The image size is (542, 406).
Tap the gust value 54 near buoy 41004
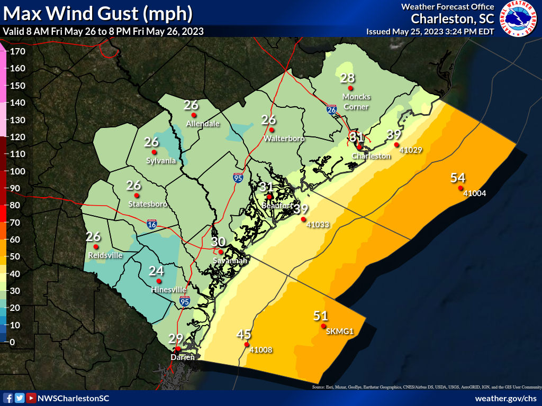[x=458, y=178]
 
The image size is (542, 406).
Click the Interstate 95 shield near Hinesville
[x=184, y=301]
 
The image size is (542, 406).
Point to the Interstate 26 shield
[x=332, y=109]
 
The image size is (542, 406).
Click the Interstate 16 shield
[x=152, y=225]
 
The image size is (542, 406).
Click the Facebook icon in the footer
[x=8, y=398]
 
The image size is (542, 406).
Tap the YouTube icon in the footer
[x=31, y=398]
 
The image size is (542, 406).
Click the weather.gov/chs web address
[x=505, y=398]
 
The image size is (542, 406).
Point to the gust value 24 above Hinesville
[x=156, y=271]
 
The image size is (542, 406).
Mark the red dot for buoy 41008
[x=246, y=345]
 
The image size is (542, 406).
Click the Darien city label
[x=182, y=357]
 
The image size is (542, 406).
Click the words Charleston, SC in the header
[x=453, y=19]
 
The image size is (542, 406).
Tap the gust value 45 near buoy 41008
[x=243, y=335]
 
